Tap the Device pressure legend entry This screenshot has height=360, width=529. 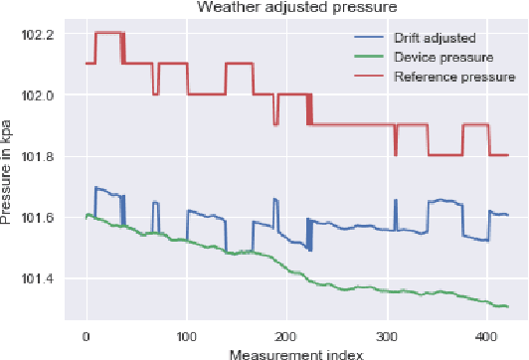(x=434, y=57)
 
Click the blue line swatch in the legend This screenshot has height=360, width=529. (x=370, y=38)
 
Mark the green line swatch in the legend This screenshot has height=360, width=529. (x=370, y=57)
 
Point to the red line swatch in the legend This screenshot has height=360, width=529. (x=370, y=76)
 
